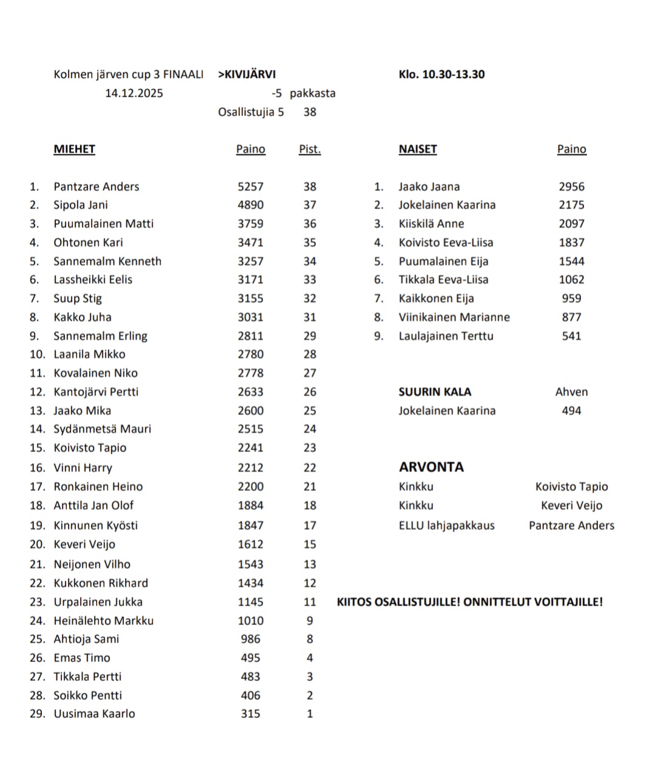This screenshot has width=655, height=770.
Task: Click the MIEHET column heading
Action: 74,149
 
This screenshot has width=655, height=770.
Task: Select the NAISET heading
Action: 417,149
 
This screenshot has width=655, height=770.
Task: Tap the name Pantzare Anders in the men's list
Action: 96,187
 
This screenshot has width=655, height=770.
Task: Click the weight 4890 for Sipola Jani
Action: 250,205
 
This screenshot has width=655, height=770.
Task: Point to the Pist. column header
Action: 309,149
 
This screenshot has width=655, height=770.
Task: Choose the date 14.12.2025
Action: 134,93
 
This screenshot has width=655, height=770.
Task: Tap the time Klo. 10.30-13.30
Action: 442,75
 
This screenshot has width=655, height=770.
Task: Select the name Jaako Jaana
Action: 429,187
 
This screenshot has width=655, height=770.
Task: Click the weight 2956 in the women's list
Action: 571,187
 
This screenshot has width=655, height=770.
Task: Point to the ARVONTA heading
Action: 431,467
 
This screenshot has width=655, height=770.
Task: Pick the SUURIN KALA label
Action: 435,392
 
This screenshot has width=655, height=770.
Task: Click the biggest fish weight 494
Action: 571,411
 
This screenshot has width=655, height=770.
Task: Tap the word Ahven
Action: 571,392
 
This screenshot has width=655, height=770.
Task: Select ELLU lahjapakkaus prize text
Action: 446,525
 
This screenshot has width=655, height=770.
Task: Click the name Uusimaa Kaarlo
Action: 94,714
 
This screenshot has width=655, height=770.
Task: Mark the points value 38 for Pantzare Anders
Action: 309,187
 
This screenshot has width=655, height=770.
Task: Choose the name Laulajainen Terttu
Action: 446,336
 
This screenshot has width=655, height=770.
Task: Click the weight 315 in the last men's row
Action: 250,714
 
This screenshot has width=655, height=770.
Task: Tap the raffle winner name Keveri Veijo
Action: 571,505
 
